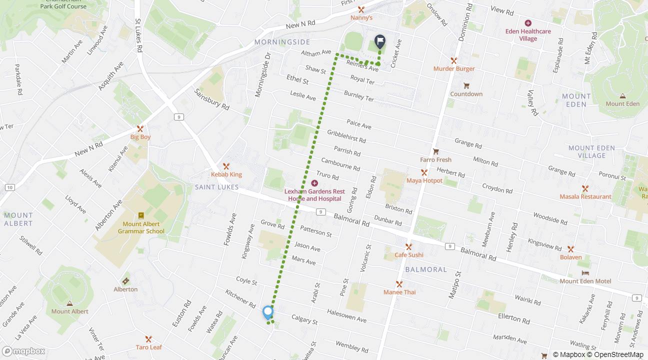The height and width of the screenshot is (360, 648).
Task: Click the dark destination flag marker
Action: [380, 41]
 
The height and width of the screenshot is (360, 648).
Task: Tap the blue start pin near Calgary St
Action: [268, 312]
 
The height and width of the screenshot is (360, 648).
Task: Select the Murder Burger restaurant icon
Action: [454, 60]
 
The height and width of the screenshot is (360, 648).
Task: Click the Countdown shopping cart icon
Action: [466, 85]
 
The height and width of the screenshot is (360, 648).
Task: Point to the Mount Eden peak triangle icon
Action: [622, 95]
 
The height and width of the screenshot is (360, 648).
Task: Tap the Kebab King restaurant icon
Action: [226, 166]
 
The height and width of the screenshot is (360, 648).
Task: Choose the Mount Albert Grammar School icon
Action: [141, 215]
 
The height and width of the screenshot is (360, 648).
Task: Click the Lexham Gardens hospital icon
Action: [314, 183]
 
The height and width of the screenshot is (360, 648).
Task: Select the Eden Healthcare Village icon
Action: [528, 23]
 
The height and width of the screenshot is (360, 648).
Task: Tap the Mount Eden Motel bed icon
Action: [585, 273]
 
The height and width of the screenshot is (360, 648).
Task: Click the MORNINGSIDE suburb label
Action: [282, 42]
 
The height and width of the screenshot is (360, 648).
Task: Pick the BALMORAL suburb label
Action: [426, 269]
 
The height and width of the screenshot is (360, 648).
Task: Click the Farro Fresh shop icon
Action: [435, 151]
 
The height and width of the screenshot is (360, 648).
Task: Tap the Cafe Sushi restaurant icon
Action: [408, 246]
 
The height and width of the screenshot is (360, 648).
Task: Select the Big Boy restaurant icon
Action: [140, 128]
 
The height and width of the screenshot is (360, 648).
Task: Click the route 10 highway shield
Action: [9, 187]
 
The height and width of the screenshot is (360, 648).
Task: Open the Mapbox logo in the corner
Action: [23, 351]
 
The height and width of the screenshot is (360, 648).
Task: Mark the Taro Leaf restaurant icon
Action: [148, 339]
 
